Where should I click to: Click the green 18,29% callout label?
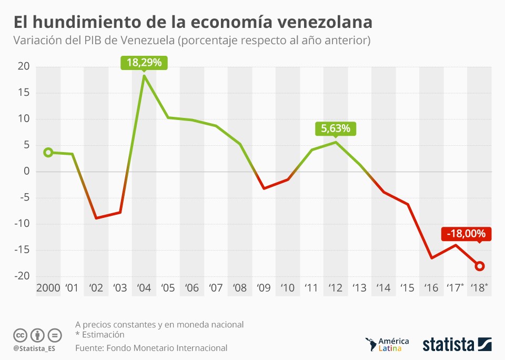coord(144,63)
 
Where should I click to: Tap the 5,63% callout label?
coord(336,128)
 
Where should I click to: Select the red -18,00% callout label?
coord(466,234)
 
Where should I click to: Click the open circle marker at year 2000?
coord(48,152)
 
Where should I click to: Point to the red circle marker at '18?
coord(480,266)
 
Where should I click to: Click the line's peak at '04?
coord(144,76)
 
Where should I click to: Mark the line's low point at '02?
coord(96,218)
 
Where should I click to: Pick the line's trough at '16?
coord(432,258)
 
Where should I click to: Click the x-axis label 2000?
coord(48,288)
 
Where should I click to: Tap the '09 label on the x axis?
coord(264,288)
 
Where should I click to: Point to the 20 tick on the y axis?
coord(23,66)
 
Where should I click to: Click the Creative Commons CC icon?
coord(20,335)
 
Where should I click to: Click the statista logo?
coord(457,345)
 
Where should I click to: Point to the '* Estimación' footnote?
coord(100,335)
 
